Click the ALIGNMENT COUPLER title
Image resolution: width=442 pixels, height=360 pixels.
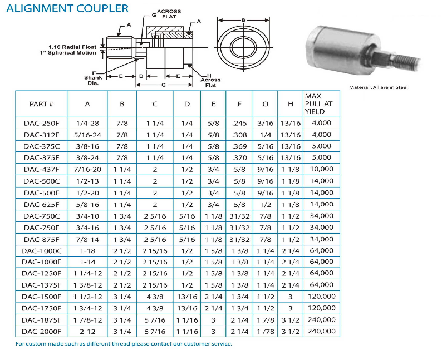(67, 8)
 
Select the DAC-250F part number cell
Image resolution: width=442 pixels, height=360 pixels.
(41, 123)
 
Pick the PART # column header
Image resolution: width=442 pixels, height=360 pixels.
(41, 104)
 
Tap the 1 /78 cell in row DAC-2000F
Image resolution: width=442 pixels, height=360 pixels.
(266, 332)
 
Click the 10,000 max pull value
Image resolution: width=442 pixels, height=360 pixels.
(322, 169)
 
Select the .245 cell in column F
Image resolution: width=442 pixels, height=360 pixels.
(239, 123)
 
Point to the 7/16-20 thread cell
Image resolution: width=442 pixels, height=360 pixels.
(87, 169)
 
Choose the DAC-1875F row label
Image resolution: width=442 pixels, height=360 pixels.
(41, 320)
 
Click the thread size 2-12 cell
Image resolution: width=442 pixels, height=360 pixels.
(87, 332)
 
